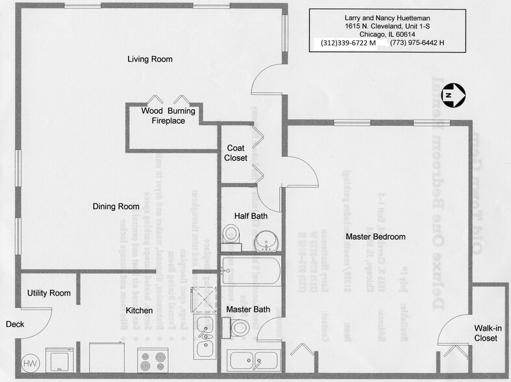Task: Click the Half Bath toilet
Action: (230, 236)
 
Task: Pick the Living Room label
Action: (150, 59)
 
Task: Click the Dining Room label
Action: (116, 207)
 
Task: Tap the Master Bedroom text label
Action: (375, 236)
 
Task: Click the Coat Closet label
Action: (236, 153)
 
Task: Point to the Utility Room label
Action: (49, 293)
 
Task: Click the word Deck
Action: (15, 324)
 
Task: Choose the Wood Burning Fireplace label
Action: (168, 116)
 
